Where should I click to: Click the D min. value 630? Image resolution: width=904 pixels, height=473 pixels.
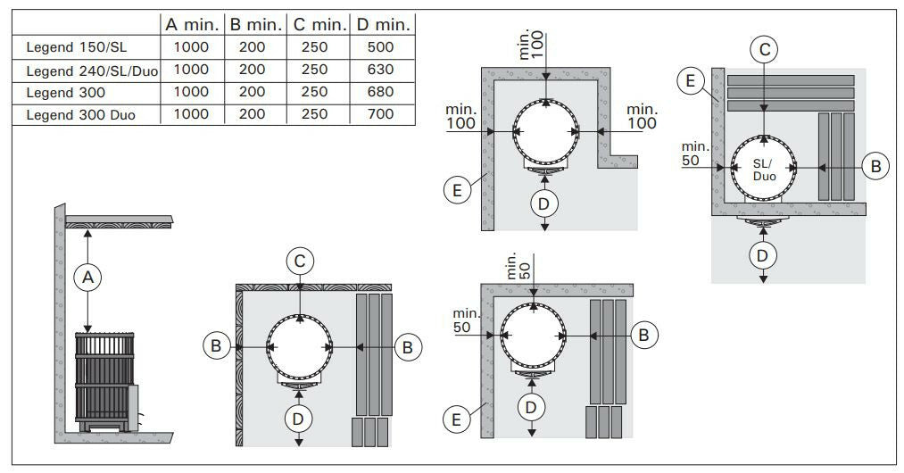(380, 70)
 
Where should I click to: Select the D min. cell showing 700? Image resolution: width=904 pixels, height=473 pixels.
(380, 114)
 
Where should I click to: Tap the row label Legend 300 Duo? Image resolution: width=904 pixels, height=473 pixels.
(80, 115)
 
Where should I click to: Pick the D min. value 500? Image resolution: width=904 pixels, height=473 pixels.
(380, 47)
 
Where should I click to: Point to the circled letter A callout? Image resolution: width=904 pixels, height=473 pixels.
(87, 278)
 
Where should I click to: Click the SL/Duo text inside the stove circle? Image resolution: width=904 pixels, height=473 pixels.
(765, 170)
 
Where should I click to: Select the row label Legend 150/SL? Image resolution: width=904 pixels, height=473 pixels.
(76, 47)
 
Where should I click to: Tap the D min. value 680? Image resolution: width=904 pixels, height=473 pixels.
(380, 92)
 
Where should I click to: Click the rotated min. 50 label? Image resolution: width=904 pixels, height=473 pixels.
(518, 266)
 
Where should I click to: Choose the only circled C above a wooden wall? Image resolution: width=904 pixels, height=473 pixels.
(300, 261)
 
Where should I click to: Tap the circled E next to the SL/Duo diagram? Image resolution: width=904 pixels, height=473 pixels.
(691, 80)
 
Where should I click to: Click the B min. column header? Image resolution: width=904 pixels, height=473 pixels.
(256, 25)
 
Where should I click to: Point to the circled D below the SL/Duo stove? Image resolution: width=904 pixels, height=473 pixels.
(763, 255)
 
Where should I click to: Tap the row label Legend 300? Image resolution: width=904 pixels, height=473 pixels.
(66, 92)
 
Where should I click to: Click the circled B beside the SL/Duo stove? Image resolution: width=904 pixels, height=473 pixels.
(875, 167)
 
